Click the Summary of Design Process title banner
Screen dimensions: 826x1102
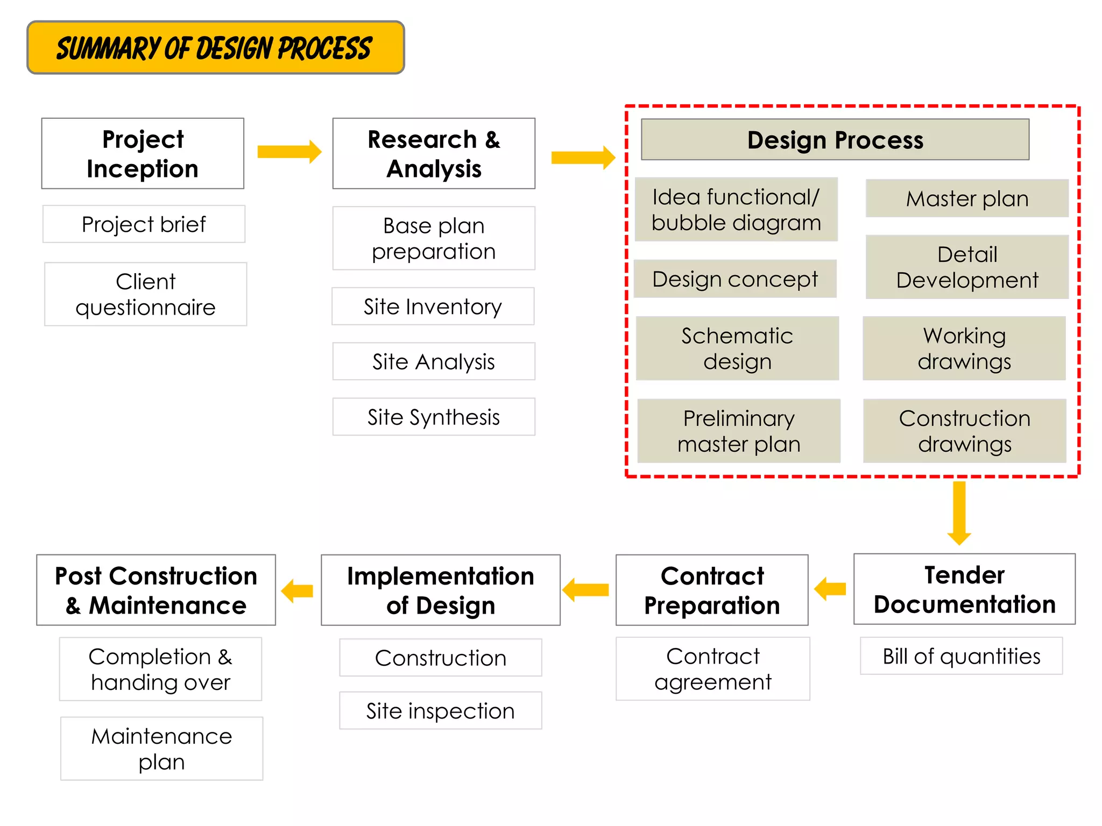coord(215,47)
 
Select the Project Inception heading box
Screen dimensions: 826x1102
coord(143,153)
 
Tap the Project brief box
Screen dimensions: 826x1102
coord(144,224)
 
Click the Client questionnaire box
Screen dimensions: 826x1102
coord(145,294)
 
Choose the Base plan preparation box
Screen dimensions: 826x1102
coord(434,238)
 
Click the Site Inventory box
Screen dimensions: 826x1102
coord(433,306)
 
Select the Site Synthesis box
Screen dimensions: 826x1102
coord(434,417)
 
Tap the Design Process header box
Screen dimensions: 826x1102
coord(835,139)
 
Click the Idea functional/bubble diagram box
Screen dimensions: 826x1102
coord(736,209)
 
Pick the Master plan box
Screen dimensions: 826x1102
coord(967,198)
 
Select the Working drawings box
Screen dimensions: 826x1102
coord(964,348)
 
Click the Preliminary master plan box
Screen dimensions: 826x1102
coord(739,431)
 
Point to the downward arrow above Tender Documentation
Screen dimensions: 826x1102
coord(959,512)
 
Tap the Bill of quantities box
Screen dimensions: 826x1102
coord(961,656)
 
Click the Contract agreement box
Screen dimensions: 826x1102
coord(712,668)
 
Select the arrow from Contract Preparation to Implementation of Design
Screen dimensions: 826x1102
coord(586,590)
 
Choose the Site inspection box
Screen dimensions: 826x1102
coord(440,710)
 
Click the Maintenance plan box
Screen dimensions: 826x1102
coord(161,748)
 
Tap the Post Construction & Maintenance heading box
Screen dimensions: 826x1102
coord(156,590)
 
